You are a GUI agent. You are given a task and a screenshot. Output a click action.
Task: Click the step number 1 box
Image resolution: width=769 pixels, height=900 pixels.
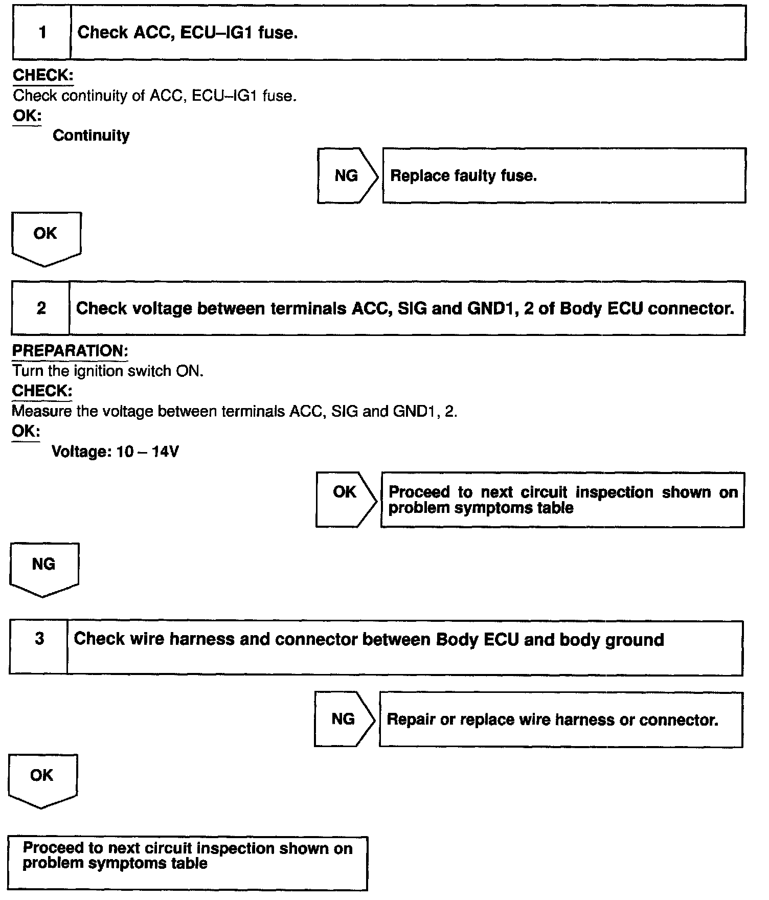tap(42, 33)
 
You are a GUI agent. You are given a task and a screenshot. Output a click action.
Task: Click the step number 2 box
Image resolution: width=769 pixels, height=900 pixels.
tap(41, 308)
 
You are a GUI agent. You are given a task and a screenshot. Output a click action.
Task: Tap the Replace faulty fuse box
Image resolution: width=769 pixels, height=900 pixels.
tap(563, 176)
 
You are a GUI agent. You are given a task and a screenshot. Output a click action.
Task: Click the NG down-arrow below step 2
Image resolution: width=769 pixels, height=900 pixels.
tap(44, 568)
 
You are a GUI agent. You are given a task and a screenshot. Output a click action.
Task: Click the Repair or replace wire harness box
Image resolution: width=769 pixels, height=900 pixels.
tap(560, 719)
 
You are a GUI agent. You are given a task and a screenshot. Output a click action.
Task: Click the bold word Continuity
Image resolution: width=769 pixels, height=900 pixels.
tap(91, 136)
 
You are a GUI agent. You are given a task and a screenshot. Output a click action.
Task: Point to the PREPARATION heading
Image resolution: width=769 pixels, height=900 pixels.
tap(70, 351)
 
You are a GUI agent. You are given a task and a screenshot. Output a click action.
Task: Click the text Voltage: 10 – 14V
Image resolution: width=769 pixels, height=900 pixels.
tap(115, 452)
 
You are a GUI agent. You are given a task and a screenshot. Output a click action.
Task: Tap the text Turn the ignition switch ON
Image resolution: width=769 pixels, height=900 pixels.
tap(107, 371)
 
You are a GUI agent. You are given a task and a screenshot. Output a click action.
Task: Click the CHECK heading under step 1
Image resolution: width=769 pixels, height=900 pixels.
tap(43, 75)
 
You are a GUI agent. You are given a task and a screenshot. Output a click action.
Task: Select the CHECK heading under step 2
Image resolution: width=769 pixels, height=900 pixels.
tap(42, 391)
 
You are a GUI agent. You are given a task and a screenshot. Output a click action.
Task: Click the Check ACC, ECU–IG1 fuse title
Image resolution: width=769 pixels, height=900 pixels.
tap(187, 33)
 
